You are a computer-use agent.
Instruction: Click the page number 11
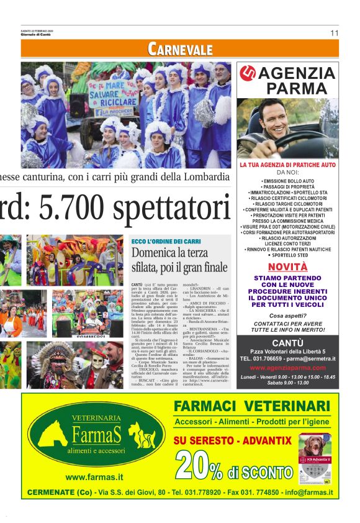334,33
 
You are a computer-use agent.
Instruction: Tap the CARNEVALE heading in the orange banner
180,49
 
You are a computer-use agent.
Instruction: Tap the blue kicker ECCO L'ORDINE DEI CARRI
166,241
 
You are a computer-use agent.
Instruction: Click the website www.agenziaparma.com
287,368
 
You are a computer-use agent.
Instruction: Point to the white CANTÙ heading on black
287,343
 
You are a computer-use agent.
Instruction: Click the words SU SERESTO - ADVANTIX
232,440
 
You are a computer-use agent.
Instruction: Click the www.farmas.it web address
93,477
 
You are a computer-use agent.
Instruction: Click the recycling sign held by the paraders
112,93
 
